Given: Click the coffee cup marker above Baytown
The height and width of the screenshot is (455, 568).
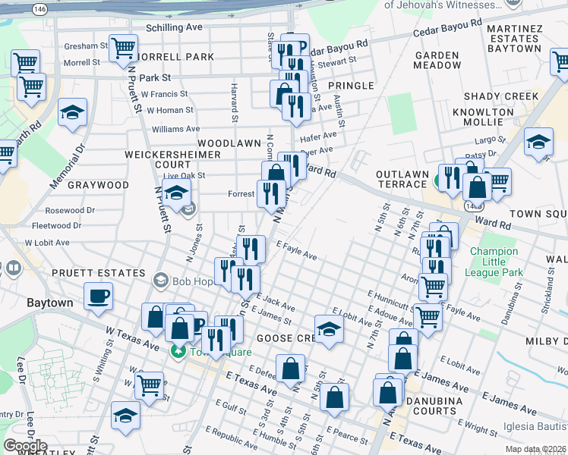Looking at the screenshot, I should (98, 297).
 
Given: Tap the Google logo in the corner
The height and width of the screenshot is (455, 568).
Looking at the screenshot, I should (25, 446).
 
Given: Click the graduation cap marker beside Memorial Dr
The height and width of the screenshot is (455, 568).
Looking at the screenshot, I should (73, 113).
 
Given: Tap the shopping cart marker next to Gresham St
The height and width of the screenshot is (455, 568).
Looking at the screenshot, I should (122, 49).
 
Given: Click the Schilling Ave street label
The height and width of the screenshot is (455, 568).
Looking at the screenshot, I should (175, 27).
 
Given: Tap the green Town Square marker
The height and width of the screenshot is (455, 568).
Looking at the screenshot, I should (178, 351).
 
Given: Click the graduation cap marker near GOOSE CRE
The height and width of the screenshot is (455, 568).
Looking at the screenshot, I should (329, 330).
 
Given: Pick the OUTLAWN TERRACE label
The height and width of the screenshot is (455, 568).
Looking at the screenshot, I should (402, 179).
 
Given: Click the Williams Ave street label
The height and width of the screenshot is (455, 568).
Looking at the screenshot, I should (175, 130).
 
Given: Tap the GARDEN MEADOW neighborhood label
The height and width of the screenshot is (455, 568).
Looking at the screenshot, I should (437, 60).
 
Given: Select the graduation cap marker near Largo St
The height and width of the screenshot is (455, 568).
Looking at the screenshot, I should (538, 143).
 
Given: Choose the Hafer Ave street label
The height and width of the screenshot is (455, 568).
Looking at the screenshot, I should (318, 136).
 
